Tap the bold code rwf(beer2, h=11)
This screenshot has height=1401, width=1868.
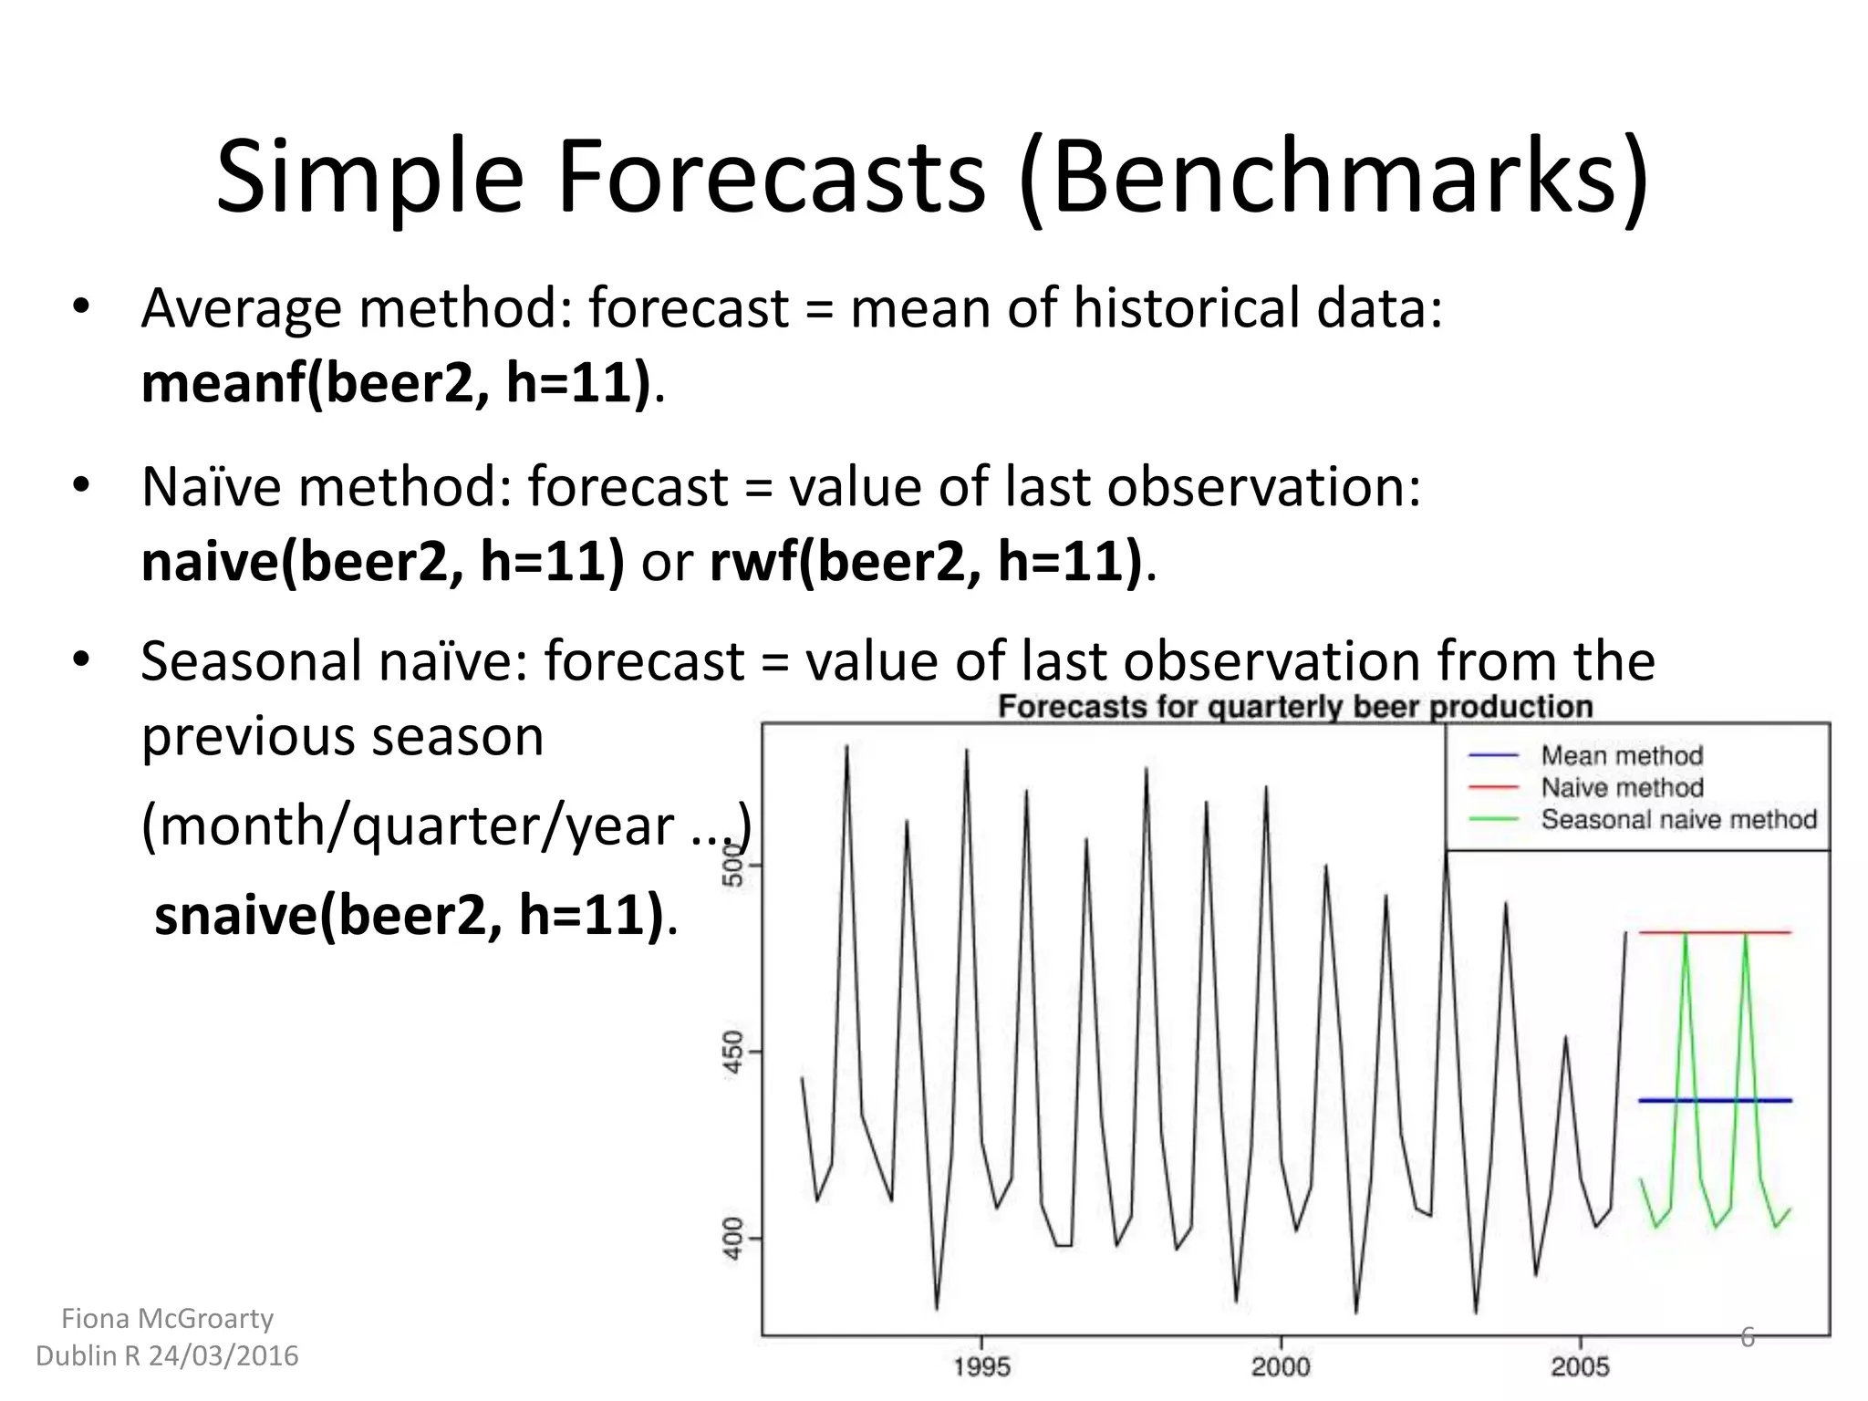point(926,561)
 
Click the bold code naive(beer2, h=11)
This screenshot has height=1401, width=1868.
point(383,561)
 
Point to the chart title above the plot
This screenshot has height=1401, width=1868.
point(1295,707)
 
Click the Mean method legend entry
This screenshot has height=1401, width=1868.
point(1622,755)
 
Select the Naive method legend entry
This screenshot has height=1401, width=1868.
point(1622,787)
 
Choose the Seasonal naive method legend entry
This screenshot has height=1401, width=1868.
point(1678,819)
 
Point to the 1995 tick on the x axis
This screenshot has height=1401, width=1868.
point(981,1366)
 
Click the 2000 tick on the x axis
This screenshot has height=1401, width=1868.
point(1281,1366)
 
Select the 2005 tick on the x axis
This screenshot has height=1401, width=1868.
point(1580,1366)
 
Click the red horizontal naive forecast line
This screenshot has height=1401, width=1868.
point(1715,932)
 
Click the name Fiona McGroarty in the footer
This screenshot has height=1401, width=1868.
point(167,1319)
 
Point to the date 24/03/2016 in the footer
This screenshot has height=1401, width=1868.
point(223,1356)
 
